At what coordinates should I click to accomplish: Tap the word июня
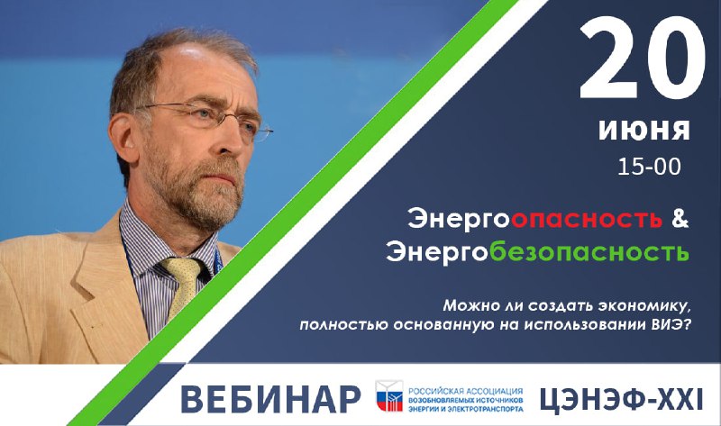[x=643, y=130]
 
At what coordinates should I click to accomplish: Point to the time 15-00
[x=649, y=167]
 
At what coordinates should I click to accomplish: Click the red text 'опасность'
[x=587, y=220]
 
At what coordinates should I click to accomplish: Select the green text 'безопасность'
[x=589, y=251]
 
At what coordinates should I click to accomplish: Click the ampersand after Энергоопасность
[x=680, y=219]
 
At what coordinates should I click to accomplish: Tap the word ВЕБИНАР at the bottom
[x=271, y=399]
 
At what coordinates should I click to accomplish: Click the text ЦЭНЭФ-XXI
[x=621, y=399]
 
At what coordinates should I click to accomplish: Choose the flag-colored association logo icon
[x=389, y=395]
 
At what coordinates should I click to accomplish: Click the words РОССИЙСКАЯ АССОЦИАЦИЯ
[x=465, y=391]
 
